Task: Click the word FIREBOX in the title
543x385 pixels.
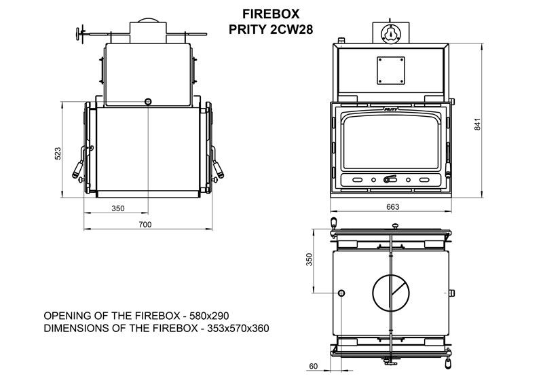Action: point(270,14)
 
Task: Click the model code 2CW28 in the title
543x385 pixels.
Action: point(291,29)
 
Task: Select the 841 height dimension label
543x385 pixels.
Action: point(478,124)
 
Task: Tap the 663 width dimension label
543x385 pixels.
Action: point(393,207)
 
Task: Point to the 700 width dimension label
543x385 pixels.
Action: point(145,225)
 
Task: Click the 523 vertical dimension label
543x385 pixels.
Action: point(58,153)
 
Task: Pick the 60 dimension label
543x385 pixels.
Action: point(313,366)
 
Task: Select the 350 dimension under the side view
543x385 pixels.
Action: point(117,208)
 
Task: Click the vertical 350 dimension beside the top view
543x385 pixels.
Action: point(310,259)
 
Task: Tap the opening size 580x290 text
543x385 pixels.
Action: point(208,316)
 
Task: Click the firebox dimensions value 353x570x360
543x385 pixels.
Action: point(238,328)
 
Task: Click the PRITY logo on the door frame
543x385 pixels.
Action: point(391,109)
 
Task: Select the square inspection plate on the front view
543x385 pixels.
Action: point(391,71)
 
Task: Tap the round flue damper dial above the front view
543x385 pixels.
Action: point(391,34)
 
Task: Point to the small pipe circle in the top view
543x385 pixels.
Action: point(341,293)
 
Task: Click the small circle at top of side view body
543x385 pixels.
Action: point(148,102)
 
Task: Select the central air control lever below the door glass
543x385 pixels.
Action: point(390,179)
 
